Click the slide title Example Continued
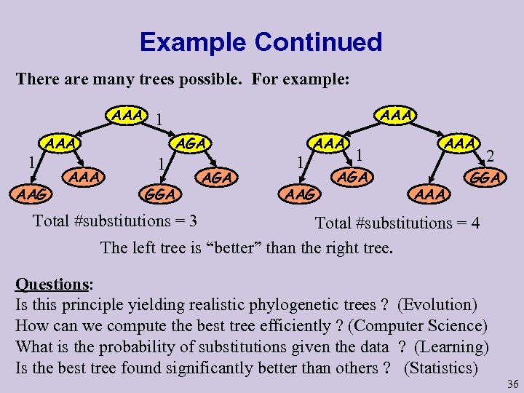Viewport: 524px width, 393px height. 261,41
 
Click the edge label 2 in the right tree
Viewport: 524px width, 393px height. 491,155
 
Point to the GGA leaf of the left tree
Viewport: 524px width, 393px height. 160,194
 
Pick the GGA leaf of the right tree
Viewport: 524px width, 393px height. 485,178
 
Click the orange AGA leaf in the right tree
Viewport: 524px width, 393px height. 354,176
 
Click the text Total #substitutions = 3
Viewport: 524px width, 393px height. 116,220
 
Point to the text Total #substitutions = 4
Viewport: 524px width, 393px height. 397,223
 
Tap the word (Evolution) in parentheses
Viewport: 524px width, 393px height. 437,305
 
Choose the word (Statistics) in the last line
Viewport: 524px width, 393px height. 440,368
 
